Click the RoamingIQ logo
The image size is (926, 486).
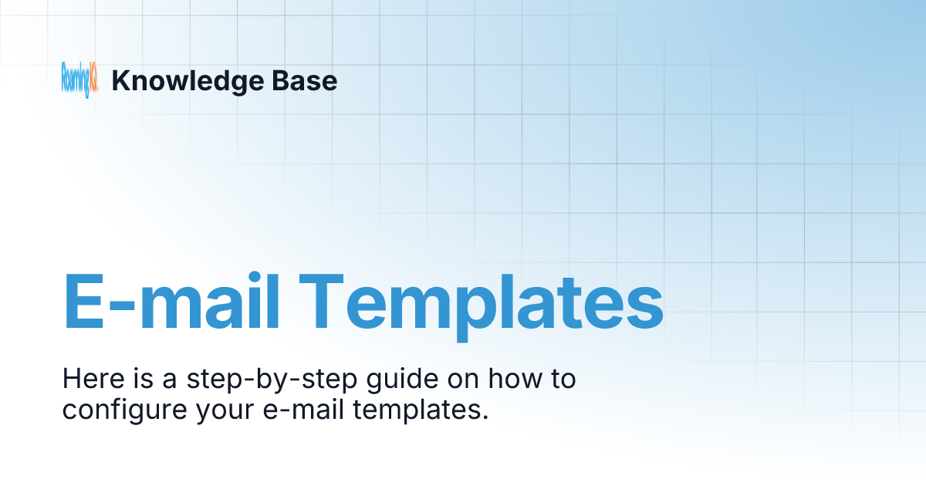(x=79, y=80)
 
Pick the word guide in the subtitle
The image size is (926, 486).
(x=367, y=380)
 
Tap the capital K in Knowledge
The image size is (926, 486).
(x=120, y=81)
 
